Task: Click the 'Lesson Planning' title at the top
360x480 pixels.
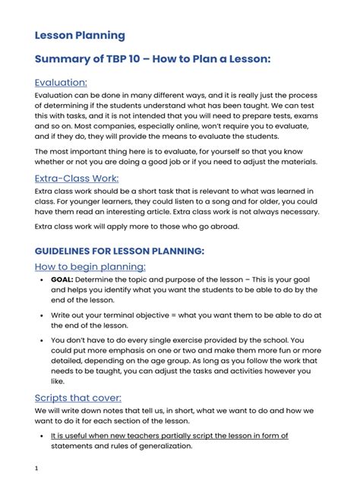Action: tap(80, 36)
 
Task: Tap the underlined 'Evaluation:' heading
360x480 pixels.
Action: tap(61, 81)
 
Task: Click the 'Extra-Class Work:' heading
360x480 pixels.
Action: tap(77, 178)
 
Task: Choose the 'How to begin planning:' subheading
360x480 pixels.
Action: tap(90, 267)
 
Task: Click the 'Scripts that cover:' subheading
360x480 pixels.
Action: tap(78, 397)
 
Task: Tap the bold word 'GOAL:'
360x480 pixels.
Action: tap(62, 279)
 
